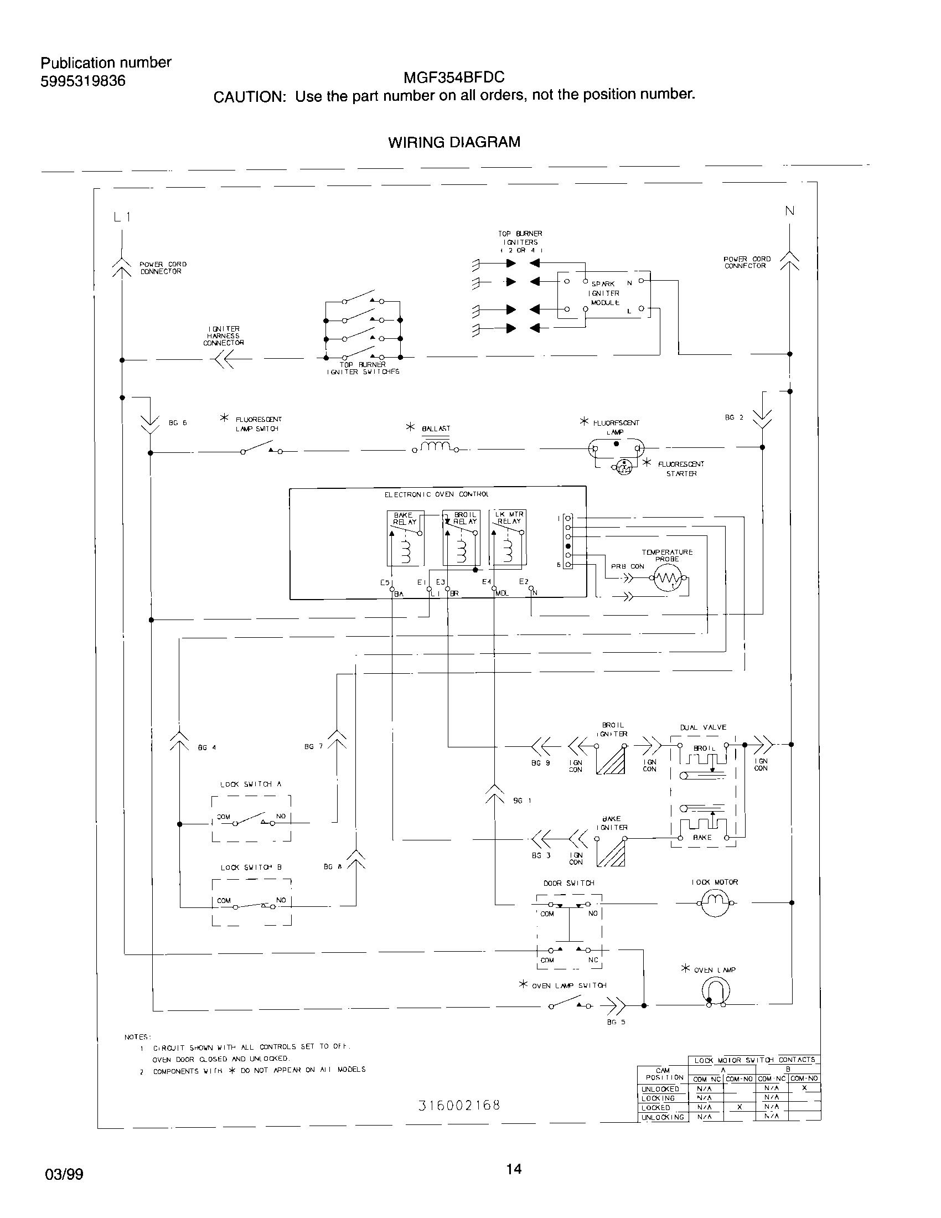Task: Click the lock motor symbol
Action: pos(715,902)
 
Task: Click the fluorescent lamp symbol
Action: pos(616,447)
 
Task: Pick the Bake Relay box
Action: pos(405,538)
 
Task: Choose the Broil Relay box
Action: pos(461,538)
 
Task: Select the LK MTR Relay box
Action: pos(507,538)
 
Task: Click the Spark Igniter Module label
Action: pos(605,293)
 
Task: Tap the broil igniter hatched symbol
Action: pos(612,760)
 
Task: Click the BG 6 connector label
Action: pos(178,423)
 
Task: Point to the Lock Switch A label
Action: pos(251,784)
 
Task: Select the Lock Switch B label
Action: pos(251,867)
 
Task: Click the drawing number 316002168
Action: pos(459,1106)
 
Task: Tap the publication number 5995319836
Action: pos(83,81)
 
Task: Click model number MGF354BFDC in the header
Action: pos(454,77)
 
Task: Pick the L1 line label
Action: pos(122,217)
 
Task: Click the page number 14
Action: pos(514,1169)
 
